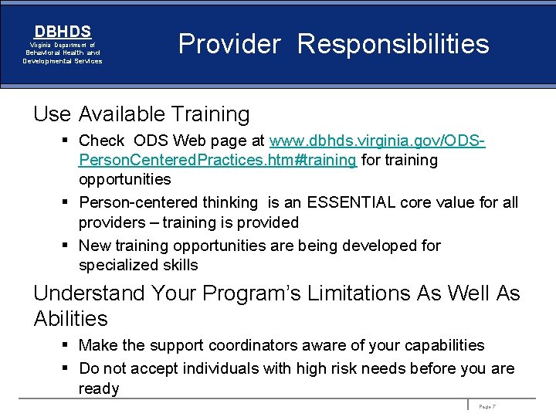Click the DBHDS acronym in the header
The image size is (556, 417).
click(63, 32)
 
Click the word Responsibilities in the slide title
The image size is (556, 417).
click(393, 44)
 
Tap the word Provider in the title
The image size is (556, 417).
click(229, 44)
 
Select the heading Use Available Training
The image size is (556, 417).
click(141, 114)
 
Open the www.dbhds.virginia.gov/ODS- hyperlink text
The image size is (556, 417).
click(377, 141)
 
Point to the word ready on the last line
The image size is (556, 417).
click(99, 388)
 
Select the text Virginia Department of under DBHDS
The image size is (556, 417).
click(63, 46)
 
